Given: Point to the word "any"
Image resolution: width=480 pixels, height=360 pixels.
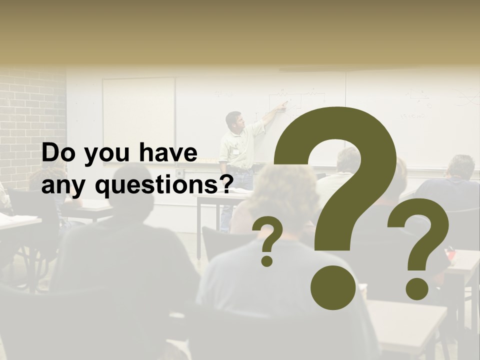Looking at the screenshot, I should pyautogui.click(x=64, y=187).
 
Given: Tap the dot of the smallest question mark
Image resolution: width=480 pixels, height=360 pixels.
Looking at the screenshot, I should pyautogui.click(x=267, y=260).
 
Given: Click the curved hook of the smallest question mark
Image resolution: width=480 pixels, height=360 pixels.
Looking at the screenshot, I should pyautogui.click(x=270, y=233).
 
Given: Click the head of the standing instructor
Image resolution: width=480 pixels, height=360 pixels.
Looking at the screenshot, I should pyautogui.click(x=233, y=119).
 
